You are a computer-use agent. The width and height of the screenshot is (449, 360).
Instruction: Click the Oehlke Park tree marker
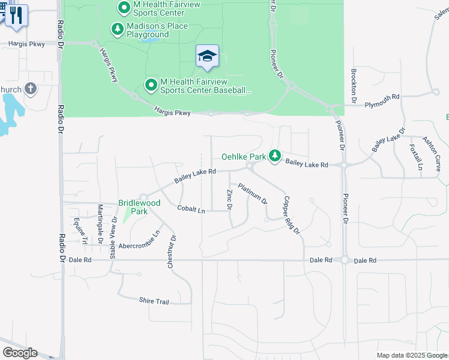click(x=275, y=156)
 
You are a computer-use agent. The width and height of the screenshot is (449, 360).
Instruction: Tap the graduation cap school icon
click(x=207, y=56)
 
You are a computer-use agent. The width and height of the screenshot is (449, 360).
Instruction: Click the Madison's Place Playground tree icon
click(x=117, y=29)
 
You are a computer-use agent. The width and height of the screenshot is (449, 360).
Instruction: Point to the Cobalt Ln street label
click(x=191, y=209)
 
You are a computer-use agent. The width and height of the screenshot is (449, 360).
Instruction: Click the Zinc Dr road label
click(x=229, y=199)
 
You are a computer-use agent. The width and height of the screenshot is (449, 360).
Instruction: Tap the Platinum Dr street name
click(x=252, y=194)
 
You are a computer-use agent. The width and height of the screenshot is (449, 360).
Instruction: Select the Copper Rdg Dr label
click(x=291, y=215)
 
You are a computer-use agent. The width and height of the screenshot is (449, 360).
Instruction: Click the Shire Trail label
click(x=154, y=301)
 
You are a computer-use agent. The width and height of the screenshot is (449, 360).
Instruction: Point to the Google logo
click(x=20, y=353)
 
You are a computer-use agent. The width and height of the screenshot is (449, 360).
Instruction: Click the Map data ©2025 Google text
click(x=411, y=355)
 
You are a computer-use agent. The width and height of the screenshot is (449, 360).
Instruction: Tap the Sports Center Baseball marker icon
click(x=151, y=86)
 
